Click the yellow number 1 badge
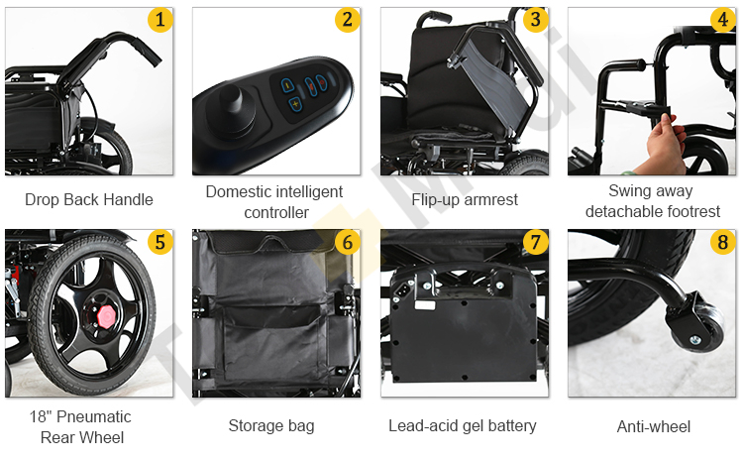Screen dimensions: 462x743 point(160,19)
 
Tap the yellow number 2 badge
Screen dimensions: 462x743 point(347,19)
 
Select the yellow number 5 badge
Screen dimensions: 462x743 point(160,242)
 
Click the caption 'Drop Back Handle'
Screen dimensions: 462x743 point(89,199)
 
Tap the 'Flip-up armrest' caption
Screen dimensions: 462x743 point(464,199)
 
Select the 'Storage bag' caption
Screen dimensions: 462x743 point(271,425)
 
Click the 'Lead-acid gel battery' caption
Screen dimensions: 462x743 point(463,425)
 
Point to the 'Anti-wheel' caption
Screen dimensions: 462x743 point(654,426)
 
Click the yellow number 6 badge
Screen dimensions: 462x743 point(347,242)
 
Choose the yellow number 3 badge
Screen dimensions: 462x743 point(534,19)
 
